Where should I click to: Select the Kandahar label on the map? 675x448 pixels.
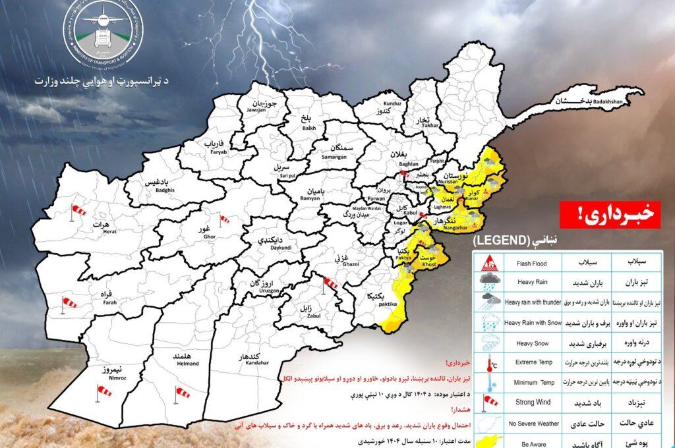click(239, 359)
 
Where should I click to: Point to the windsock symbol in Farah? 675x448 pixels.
click(68, 302)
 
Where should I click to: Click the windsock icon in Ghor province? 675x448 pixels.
click(224, 219)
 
